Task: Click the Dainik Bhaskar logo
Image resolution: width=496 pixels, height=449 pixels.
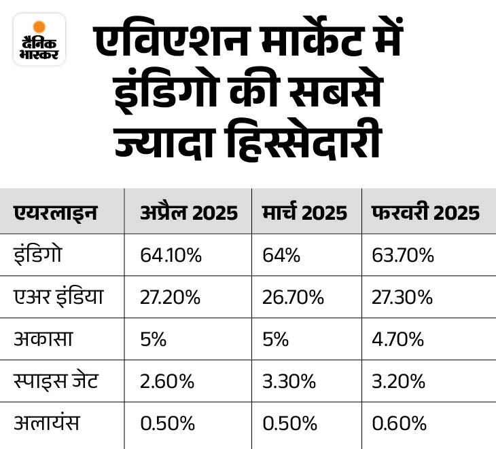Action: [39, 39]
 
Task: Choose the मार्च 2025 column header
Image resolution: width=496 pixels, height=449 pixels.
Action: [304, 213]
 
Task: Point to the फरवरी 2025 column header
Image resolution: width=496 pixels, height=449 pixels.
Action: [426, 213]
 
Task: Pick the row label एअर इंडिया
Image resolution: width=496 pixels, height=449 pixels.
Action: [58, 297]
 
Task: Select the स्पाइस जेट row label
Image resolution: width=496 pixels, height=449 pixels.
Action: [56, 381]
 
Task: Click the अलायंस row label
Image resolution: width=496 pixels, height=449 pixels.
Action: [47, 423]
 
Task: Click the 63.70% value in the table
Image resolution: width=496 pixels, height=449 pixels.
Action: [402, 255]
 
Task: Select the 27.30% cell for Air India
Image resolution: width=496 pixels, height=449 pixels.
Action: [402, 297]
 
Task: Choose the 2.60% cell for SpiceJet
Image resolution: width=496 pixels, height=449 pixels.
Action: [167, 381]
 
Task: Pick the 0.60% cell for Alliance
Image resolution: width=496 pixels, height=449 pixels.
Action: [400, 423]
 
